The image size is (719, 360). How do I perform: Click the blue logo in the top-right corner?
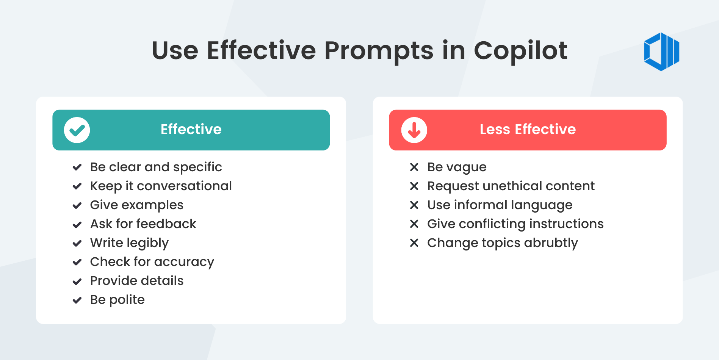[661, 52]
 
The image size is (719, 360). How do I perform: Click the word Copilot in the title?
[520, 50]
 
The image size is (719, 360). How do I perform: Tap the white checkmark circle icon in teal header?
[77, 130]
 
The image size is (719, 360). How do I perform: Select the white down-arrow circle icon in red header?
[414, 130]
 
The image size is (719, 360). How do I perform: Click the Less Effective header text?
[528, 130]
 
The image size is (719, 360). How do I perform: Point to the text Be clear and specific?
[156, 167]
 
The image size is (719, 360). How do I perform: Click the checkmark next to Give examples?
[77, 205]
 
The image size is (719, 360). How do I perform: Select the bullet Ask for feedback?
[143, 224]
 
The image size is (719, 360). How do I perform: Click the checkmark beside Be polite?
[77, 301]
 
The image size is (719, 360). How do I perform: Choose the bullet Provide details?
[136, 281]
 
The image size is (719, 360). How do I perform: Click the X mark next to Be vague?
[414, 167]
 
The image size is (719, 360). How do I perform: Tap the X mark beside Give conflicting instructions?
[414, 224]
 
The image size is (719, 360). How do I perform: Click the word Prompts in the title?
[379, 50]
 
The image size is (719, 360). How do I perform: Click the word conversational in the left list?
[184, 186]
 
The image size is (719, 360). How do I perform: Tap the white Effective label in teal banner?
[191, 130]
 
